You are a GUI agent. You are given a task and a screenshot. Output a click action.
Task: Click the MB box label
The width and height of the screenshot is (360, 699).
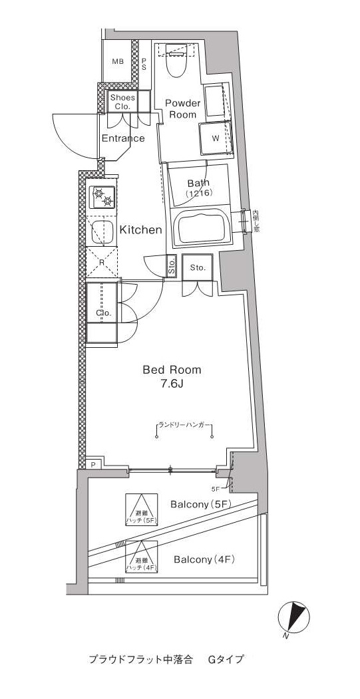click(x=118, y=62)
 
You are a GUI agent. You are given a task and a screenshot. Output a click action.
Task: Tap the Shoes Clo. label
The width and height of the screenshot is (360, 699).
click(x=123, y=102)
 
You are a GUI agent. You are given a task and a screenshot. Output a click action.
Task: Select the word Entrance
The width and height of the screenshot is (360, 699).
click(x=123, y=138)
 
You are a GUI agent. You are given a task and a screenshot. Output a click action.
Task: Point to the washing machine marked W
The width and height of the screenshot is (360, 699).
click(x=216, y=138)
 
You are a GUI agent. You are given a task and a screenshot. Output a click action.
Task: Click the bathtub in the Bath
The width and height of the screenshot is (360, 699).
click(x=201, y=228)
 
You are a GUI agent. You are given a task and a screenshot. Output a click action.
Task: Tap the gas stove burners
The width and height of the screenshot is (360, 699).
click(x=103, y=197)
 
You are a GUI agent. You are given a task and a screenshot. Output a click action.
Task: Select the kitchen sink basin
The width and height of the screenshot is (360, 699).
click(x=102, y=231)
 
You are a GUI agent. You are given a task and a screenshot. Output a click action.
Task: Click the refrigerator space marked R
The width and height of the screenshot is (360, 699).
click(x=101, y=261)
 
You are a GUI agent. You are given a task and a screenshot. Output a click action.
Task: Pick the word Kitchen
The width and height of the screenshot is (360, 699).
click(x=140, y=230)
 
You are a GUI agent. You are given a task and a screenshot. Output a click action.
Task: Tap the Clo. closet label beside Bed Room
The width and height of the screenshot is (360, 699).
click(x=102, y=313)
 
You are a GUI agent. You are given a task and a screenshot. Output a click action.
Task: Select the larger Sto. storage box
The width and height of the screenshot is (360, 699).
click(x=198, y=267)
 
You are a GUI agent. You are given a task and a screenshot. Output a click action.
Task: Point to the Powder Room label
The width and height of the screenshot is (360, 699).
click(x=182, y=108)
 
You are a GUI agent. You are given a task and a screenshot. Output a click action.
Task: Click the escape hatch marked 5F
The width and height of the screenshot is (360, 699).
click(x=142, y=510)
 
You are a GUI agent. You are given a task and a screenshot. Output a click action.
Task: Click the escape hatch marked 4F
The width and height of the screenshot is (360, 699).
click(x=142, y=557)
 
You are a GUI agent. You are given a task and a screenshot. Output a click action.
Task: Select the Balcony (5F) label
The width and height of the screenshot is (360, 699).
click(x=200, y=504)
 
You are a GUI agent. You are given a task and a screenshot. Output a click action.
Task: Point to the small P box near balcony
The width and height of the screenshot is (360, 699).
click(x=93, y=464)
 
